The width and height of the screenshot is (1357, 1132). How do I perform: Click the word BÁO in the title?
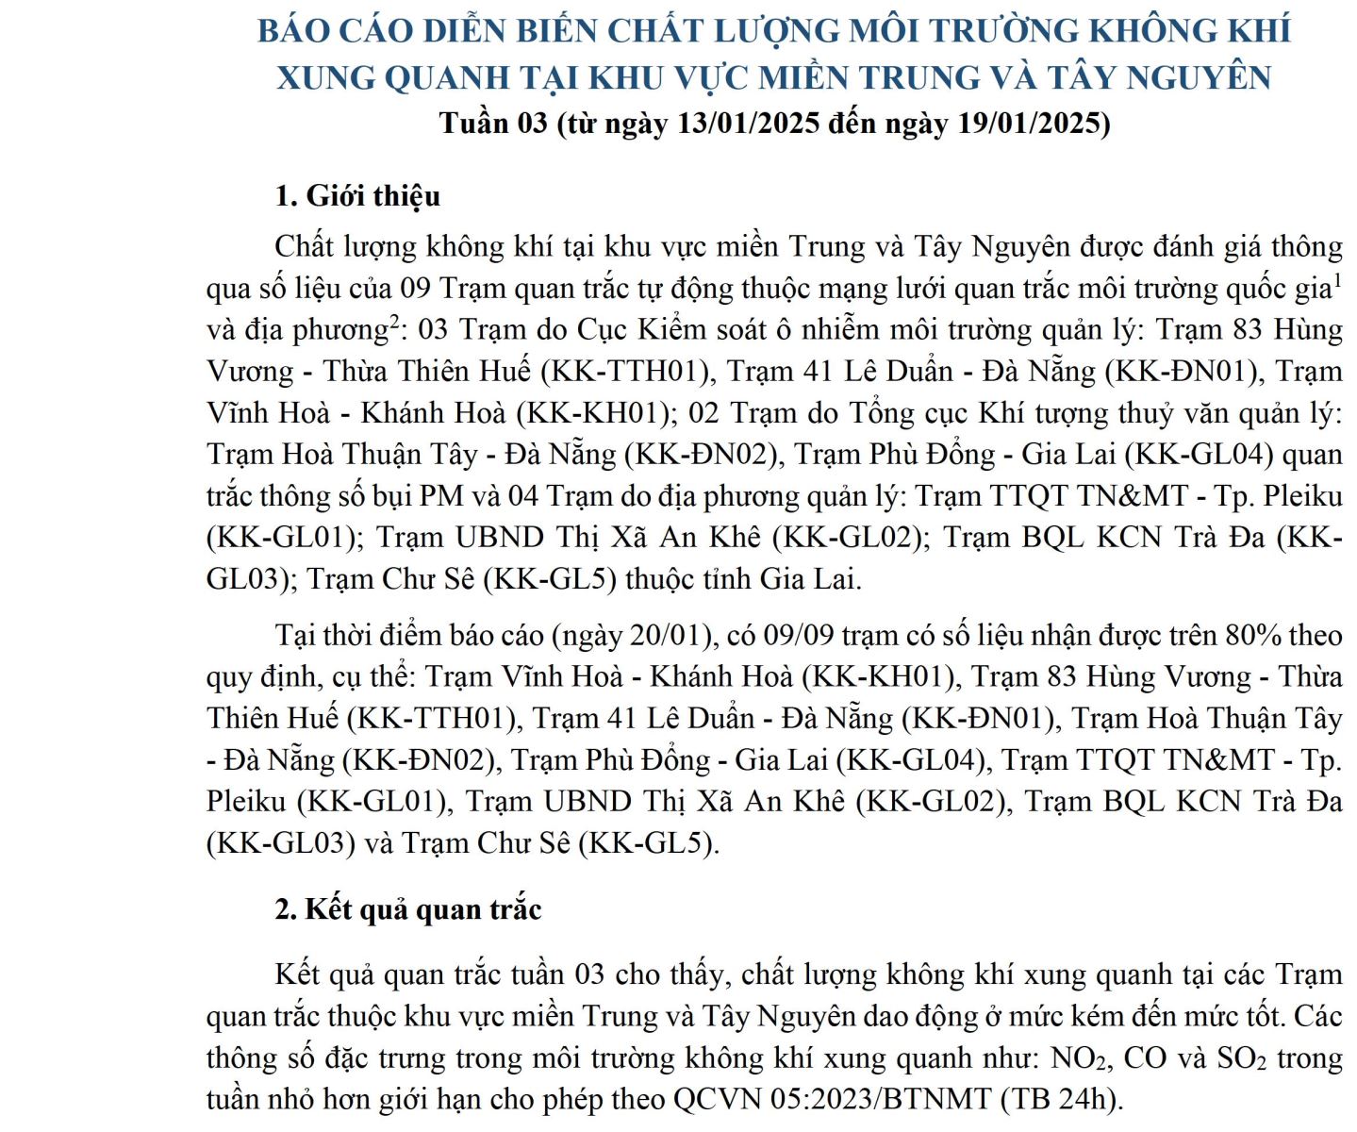pos(293,31)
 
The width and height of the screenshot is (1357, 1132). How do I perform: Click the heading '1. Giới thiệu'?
pos(357,196)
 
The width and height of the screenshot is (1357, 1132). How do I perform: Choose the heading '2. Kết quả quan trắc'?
pos(407,909)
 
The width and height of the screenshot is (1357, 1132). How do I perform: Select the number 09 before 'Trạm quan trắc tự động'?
pos(416,288)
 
